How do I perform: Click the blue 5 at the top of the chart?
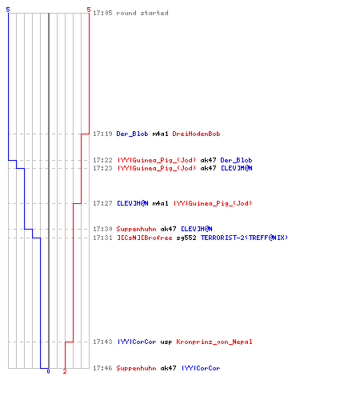[8, 10]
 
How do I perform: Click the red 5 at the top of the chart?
[89, 10]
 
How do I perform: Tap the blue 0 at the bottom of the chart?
[48, 371]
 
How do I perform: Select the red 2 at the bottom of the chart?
[65, 371]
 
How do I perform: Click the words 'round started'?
[142, 13]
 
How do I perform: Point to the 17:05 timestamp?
[102, 13]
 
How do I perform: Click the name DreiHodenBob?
[196, 134]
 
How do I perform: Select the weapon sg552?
[186, 238]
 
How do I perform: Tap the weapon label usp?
[166, 342]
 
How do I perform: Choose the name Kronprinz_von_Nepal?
[214, 342]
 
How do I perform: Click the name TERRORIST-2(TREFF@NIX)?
[244, 238]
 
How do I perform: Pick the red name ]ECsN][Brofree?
[145, 238]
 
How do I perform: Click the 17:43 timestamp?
[102, 342]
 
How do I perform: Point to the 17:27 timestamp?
[102, 203]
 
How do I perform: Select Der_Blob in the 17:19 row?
[132, 134]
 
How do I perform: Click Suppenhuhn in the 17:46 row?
[136, 368]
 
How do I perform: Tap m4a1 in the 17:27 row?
[160, 203]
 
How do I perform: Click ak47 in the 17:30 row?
[168, 229]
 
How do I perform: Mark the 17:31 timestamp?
[102, 238]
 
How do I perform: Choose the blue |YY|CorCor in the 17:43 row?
[137, 342]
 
